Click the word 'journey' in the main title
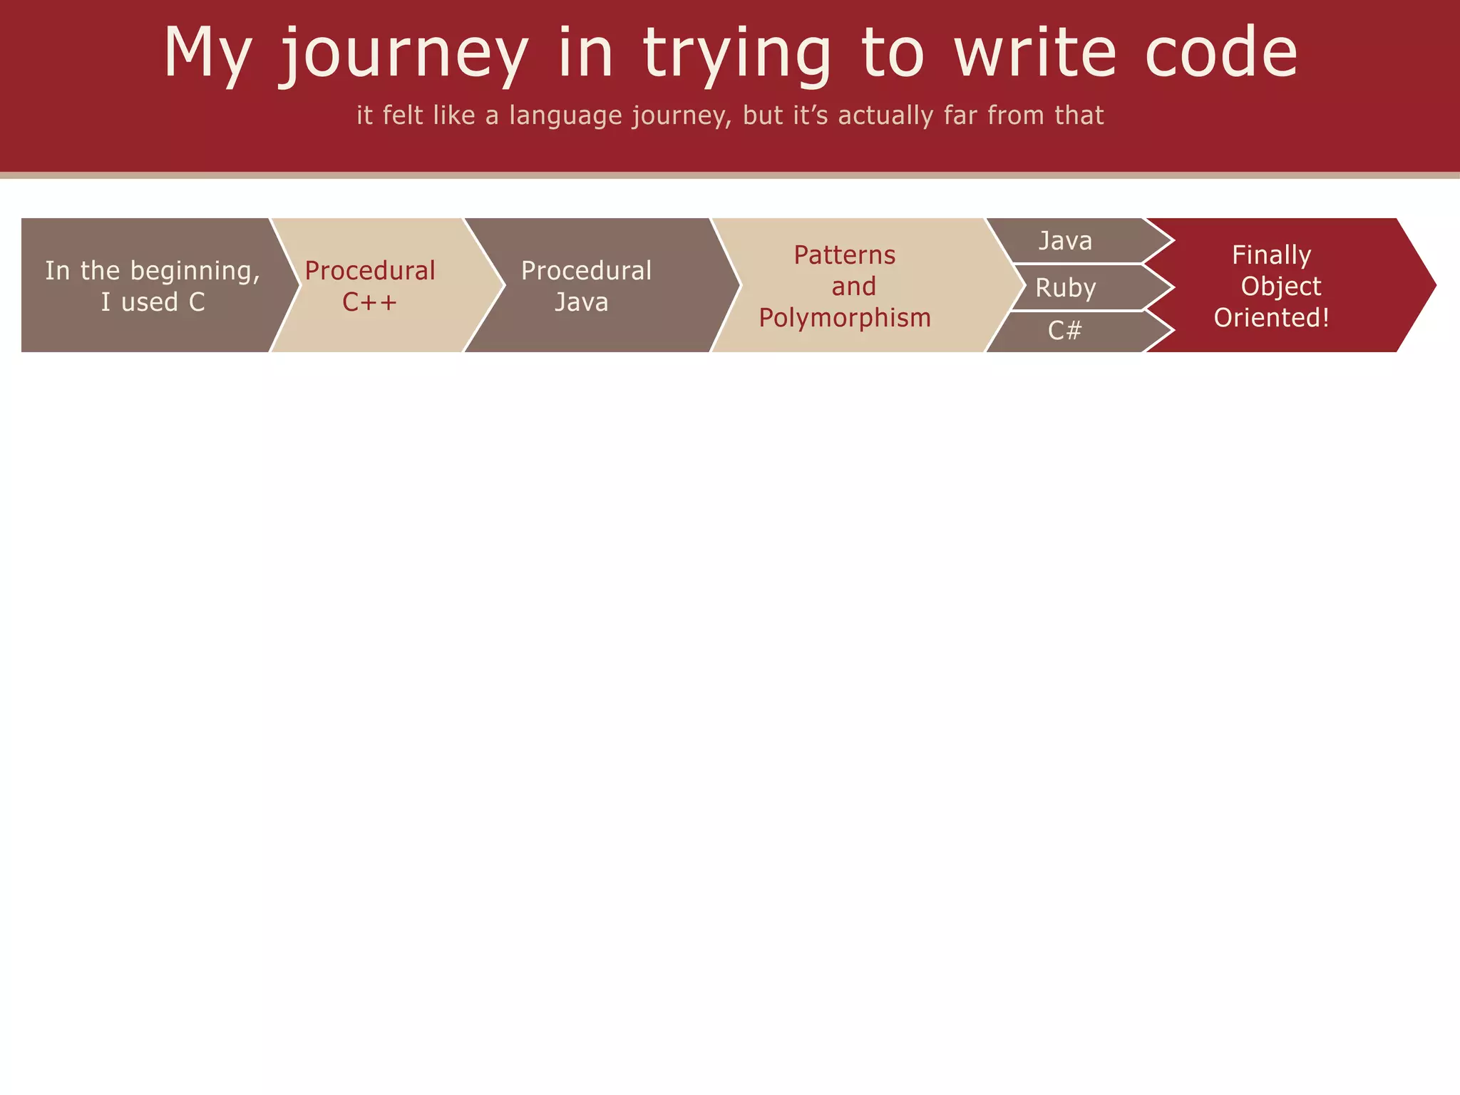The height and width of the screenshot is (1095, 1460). click(x=403, y=53)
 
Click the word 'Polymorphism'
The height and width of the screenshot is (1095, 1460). click(x=845, y=318)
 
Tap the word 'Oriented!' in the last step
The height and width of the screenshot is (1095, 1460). click(x=1272, y=318)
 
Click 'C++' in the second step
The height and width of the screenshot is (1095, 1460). click(x=369, y=302)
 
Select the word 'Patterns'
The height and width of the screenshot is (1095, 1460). click(x=845, y=255)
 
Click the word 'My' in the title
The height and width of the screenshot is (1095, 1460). click(x=207, y=53)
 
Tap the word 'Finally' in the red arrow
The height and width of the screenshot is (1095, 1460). click(x=1271, y=255)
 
